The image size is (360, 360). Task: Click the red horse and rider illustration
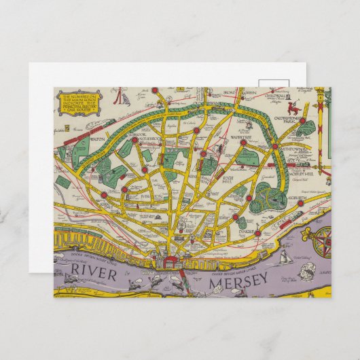[x=293, y=107]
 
